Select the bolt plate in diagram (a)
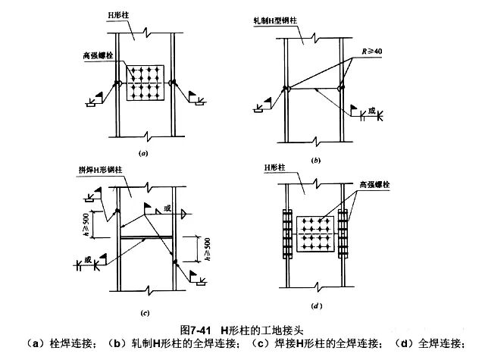[x=145, y=83]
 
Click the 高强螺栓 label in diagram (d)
[x=373, y=183]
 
